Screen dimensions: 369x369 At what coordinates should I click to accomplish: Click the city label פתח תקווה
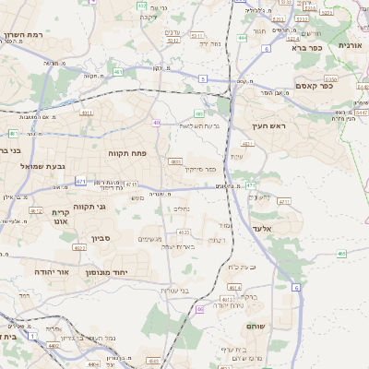click(x=126, y=152)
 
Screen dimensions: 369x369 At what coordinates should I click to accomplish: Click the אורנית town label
click(x=351, y=44)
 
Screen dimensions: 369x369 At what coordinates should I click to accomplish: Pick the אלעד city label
click(x=264, y=227)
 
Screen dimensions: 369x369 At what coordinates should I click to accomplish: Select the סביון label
click(x=101, y=237)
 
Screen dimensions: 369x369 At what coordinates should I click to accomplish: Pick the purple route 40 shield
click(x=157, y=123)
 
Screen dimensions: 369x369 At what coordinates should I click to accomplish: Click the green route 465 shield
click(x=342, y=251)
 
